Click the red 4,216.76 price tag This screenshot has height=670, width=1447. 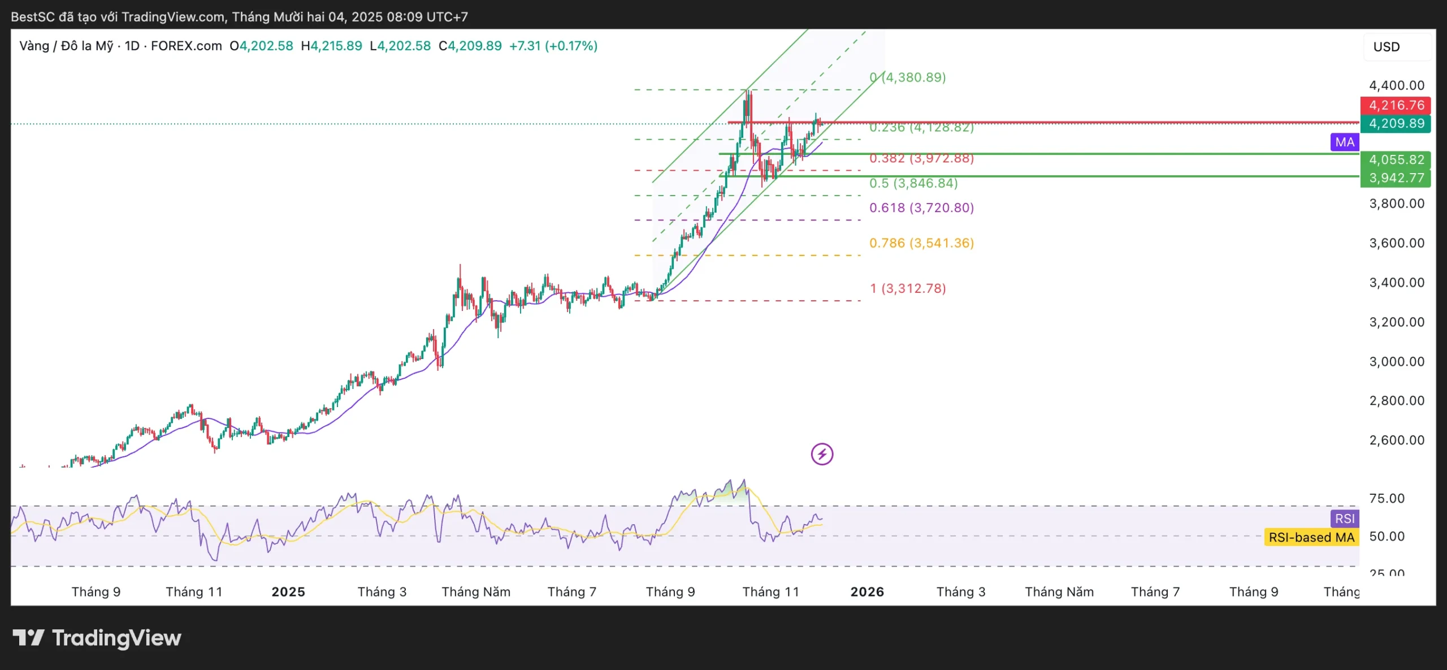1395,105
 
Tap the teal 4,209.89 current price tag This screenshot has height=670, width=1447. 1395,124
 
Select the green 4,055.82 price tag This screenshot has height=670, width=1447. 1395,160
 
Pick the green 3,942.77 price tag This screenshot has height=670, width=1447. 1395,178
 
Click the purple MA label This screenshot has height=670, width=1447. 1345,142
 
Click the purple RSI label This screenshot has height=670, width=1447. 1345,518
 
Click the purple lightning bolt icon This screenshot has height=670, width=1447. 822,454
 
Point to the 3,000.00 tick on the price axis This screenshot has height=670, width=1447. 1396,361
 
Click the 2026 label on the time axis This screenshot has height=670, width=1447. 867,592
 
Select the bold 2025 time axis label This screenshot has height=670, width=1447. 288,592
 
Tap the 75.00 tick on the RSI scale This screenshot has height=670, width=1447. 1387,498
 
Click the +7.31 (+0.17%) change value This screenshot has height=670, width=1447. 553,46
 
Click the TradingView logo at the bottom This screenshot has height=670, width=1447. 97,638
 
